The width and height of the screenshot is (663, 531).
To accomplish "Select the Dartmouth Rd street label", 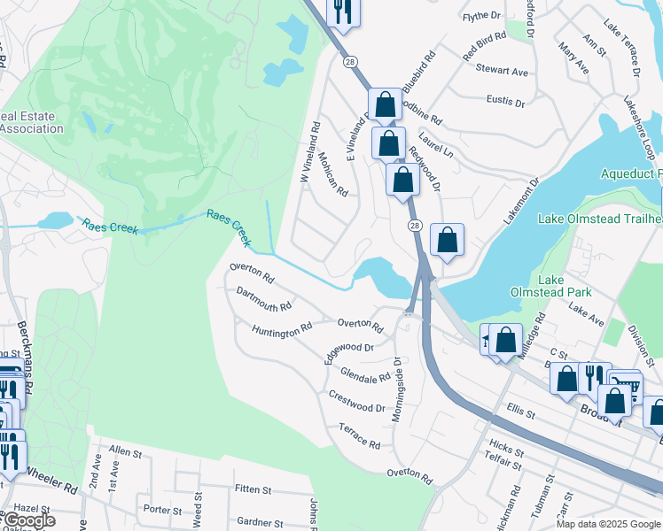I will [x=263, y=300].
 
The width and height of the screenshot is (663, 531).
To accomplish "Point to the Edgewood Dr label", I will [x=348, y=349].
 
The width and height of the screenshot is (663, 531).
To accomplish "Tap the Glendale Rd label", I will [x=365, y=375].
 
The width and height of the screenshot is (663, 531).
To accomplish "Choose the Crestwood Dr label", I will [x=356, y=401].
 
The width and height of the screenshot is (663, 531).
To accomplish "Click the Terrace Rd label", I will [x=359, y=435].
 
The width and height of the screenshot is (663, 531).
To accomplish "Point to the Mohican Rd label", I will [x=335, y=177].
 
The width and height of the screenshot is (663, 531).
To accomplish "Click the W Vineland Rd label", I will [x=308, y=152].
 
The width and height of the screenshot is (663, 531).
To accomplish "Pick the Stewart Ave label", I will [x=501, y=70].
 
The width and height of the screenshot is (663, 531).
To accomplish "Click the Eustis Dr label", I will [x=505, y=103].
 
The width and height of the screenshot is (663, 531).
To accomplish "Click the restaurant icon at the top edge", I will [x=341, y=11].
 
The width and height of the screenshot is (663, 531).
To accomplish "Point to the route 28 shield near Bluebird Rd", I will [x=351, y=61].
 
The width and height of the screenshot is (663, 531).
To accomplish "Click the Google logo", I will [x=29, y=521].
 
